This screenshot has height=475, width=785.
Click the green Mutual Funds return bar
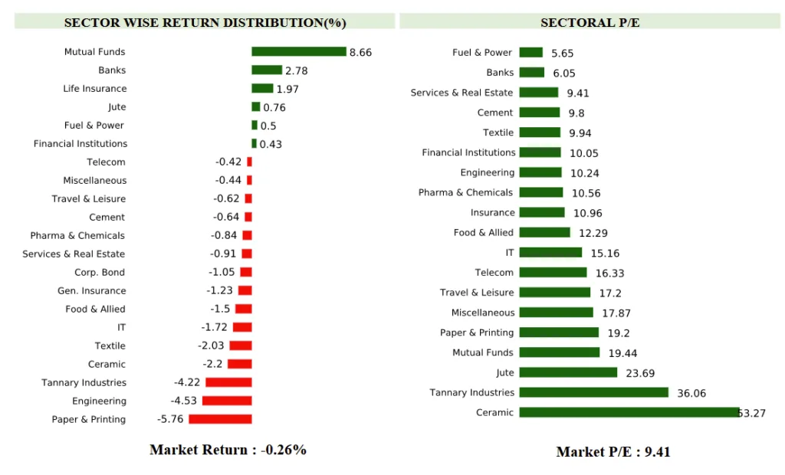tap(299, 52)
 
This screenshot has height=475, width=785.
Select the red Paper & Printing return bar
tap(220, 419)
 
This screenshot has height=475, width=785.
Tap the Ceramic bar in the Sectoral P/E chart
tap(629, 412)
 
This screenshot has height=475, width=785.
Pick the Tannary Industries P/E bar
tap(593, 392)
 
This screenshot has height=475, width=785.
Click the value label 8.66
tap(360, 53)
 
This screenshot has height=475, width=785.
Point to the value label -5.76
tap(170, 420)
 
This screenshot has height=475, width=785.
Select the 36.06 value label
tap(691, 394)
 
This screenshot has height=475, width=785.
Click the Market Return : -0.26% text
tap(228, 450)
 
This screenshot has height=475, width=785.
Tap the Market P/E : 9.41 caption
tap(613, 451)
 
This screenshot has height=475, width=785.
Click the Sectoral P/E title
tap(590, 22)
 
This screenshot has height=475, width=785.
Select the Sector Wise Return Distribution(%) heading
tap(205, 22)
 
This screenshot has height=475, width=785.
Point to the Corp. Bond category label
tap(100, 272)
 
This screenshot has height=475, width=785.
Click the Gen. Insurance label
tap(91, 290)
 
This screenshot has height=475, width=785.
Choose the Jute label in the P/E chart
tap(504, 372)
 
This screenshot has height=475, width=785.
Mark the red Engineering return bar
tap(226, 401)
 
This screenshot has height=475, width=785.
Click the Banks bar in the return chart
tap(266, 70)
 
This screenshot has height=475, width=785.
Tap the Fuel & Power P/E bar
tap(530, 53)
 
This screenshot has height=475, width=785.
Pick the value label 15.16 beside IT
tap(605, 254)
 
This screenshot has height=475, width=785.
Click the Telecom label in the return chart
tap(106, 162)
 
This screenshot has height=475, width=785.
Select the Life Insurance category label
tap(94, 89)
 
